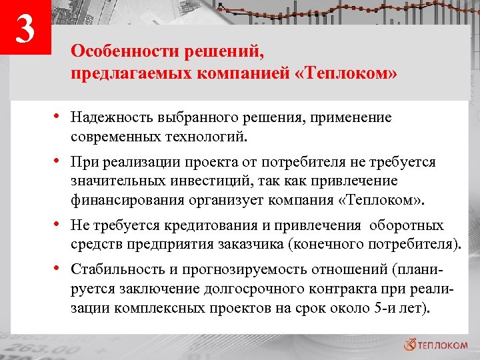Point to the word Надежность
click(113, 118)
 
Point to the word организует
click(223, 200)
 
